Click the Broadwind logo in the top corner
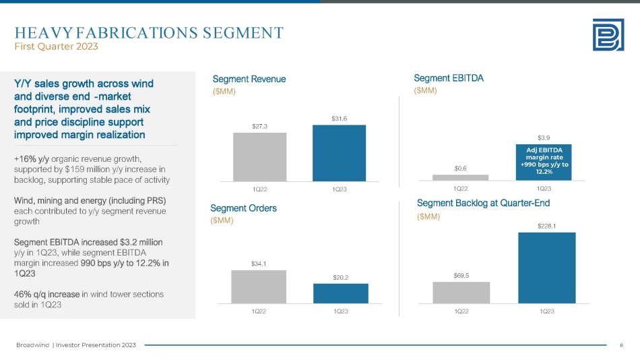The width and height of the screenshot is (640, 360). click(x=607, y=34)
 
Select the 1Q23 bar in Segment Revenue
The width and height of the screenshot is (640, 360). click(x=339, y=153)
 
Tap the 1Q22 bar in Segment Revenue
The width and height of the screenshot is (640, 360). click(x=259, y=156)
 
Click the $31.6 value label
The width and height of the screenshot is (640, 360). click(x=339, y=118)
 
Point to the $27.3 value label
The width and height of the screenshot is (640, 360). click(x=259, y=125)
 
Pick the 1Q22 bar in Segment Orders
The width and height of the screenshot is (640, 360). click(x=259, y=287)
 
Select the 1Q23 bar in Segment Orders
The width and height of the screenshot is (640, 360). click(x=340, y=293)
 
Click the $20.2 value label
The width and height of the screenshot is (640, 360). click(x=340, y=276)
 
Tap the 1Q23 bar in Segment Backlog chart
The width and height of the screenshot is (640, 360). click(x=546, y=268)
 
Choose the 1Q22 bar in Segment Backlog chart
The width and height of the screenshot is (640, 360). click(x=461, y=292)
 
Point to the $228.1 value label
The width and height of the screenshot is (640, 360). click(x=546, y=226)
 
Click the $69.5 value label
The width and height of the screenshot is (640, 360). click(x=461, y=275)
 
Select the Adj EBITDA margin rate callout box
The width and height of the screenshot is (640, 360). click(x=544, y=162)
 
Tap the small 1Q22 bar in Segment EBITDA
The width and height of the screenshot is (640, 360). click(x=460, y=177)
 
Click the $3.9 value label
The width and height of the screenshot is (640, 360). click(x=544, y=136)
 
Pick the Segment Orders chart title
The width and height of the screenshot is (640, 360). click(x=243, y=208)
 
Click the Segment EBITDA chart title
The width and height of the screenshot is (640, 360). click(x=449, y=78)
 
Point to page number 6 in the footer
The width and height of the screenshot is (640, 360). click(x=620, y=345)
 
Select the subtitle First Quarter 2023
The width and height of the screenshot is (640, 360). click(x=57, y=47)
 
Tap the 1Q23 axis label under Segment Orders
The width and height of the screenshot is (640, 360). click(x=340, y=311)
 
